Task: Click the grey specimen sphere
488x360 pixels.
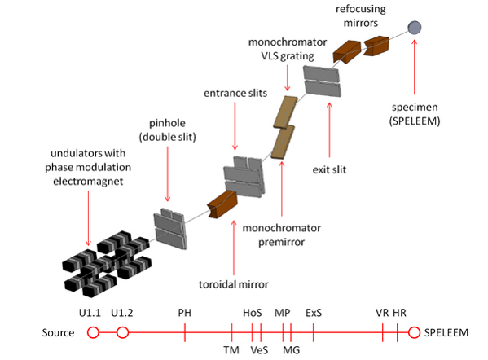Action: [415, 28]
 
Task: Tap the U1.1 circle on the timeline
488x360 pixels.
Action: [93, 332]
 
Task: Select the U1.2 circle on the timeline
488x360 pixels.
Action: [123, 332]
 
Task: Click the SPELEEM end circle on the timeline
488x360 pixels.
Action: [414, 332]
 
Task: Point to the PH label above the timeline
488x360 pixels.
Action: [185, 313]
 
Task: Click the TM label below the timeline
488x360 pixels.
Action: [231, 350]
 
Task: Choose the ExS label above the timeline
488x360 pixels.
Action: [314, 313]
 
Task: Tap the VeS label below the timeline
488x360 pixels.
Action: [259, 350]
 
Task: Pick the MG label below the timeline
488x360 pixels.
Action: [292, 350]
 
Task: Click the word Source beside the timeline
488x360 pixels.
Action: [58, 332]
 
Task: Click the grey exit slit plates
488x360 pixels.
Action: [322, 81]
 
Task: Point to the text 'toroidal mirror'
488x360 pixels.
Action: [234, 284]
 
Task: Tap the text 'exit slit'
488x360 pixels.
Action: [329, 169]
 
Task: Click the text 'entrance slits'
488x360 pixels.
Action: [235, 93]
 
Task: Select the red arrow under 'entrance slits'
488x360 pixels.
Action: [235, 126]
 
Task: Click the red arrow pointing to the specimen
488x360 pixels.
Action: [414, 67]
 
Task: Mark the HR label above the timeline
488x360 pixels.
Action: [399, 313]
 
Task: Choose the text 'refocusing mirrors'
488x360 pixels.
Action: [361, 15]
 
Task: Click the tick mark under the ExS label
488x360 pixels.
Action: [314, 332]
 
